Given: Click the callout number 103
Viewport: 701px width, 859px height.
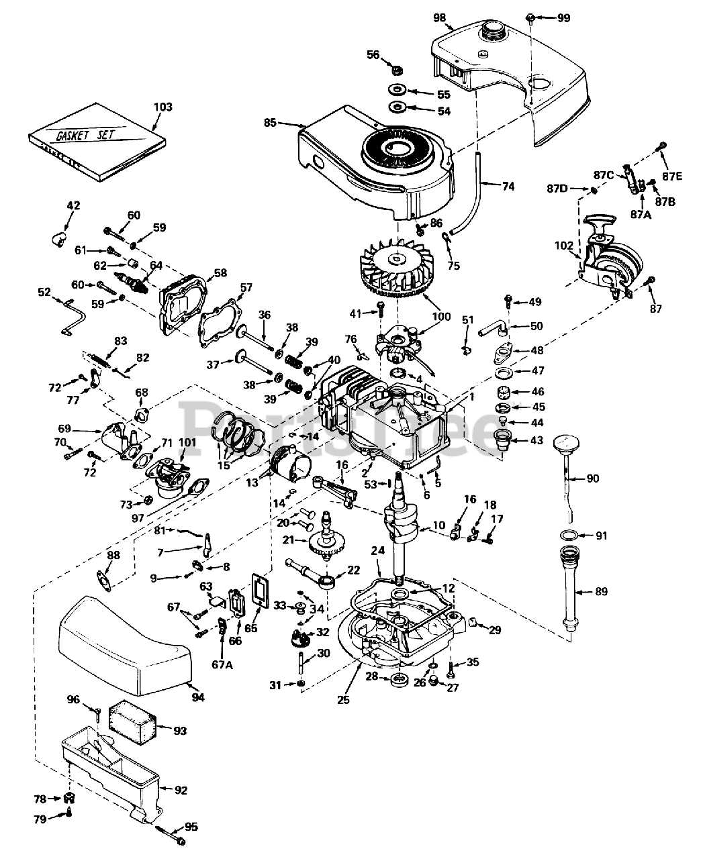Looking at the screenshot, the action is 163,107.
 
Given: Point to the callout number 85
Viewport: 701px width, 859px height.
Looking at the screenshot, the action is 270,123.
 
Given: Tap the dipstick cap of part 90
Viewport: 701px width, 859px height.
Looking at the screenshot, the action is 566,443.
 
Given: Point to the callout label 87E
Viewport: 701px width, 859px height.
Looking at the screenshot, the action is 671,176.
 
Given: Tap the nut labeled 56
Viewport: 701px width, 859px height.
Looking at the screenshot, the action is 397,70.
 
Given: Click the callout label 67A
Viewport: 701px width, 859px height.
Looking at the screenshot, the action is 222,664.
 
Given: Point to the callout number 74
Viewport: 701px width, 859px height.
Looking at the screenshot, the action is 508,187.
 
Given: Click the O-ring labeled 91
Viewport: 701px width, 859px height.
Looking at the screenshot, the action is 569,535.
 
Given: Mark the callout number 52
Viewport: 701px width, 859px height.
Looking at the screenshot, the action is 44,292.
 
